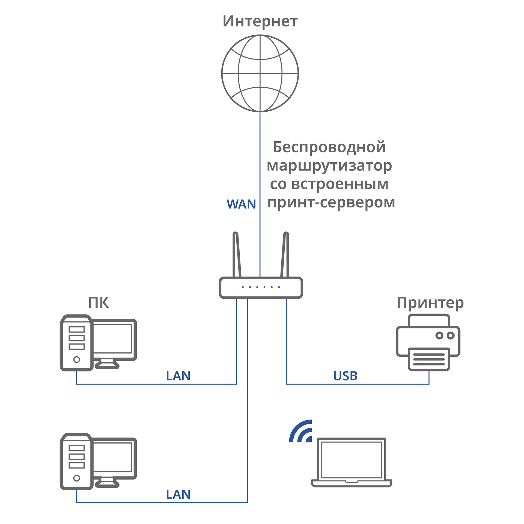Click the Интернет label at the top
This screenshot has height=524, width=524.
[x=260, y=21]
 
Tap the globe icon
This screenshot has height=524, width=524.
[x=260, y=73]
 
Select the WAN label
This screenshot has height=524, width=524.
[x=241, y=204]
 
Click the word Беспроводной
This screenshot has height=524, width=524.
[x=329, y=147]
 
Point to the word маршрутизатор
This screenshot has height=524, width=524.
[x=329, y=166]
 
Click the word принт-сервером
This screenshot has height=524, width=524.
[x=331, y=203]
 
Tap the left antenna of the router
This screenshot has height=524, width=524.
[x=236, y=255]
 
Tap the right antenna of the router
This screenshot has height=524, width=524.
[x=285, y=255]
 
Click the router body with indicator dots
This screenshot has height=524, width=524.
[x=261, y=288]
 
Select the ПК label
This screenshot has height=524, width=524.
[x=99, y=302]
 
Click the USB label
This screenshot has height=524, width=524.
[x=345, y=376]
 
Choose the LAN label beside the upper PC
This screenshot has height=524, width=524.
[x=178, y=376]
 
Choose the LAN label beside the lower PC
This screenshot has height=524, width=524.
[x=178, y=495]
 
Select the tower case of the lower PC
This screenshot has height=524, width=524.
[x=76, y=461]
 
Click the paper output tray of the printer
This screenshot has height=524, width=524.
[x=429, y=359]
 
